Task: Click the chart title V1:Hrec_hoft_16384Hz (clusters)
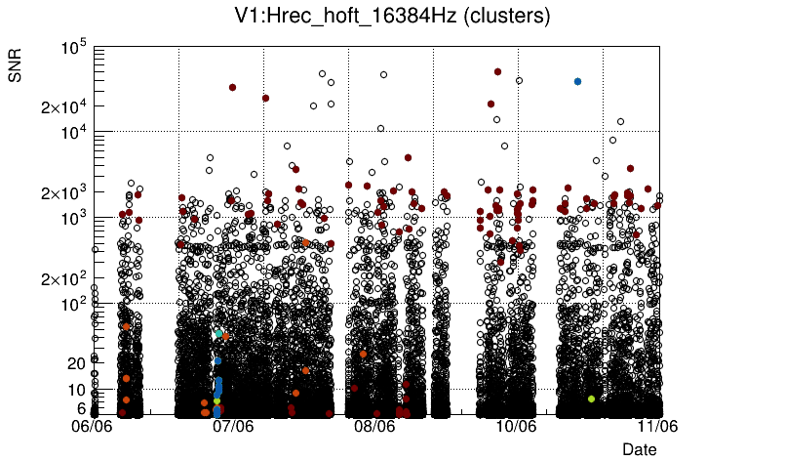click(393, 17)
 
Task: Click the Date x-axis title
click(640, 448)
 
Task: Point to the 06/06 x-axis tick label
click(95, 426)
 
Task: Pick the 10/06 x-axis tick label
click(517, 426)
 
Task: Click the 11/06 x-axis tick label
click(657, 426)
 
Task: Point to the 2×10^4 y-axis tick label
click(63, 107)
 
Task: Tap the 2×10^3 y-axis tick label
click(63, 193)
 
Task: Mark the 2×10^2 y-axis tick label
click(63, 279)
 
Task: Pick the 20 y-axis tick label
click(77, 363)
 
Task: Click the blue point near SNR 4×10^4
click(577, 81)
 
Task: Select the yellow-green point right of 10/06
click(591, 398)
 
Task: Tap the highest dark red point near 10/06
click(497, 71)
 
